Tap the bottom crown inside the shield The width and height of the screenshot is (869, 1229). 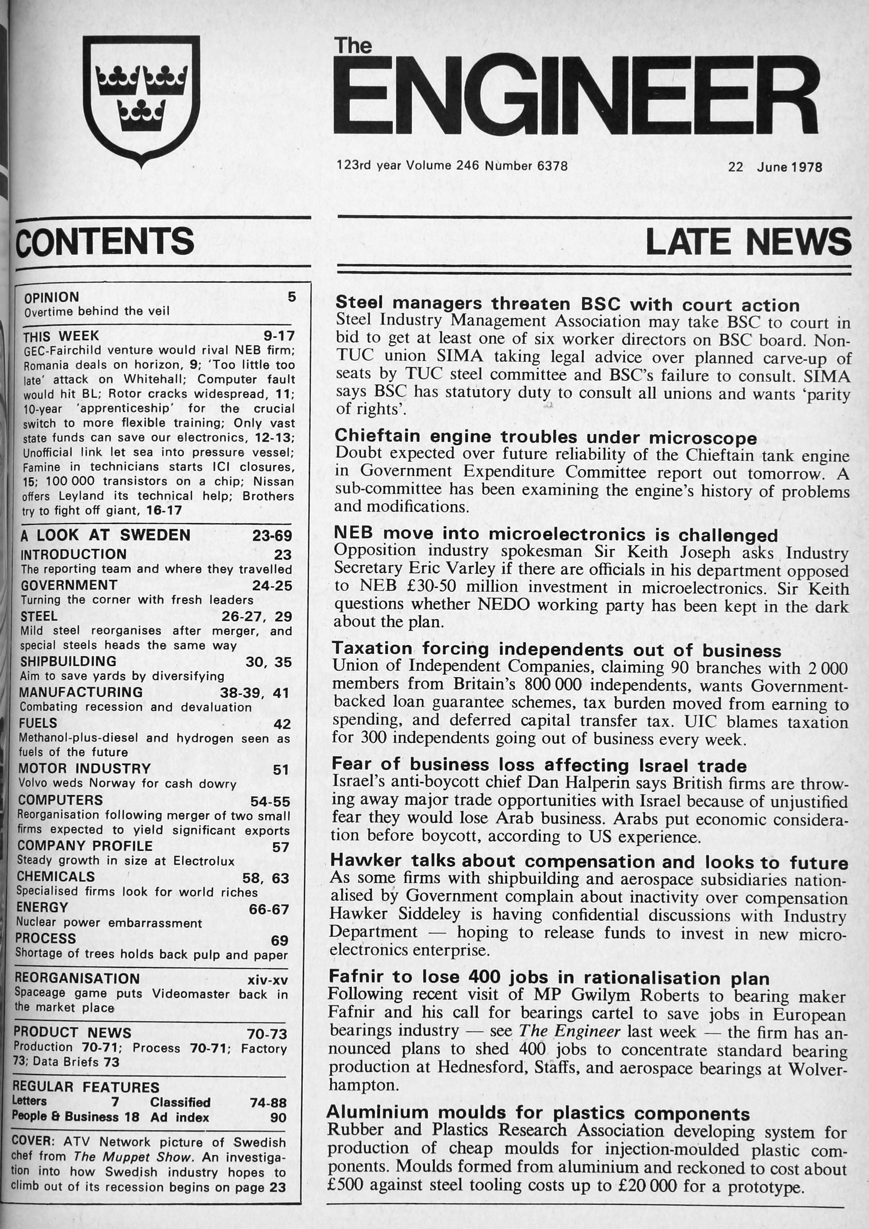coord(142,116)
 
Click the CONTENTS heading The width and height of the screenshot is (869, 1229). coord(105,241)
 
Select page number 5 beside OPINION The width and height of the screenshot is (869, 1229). coord(291,297)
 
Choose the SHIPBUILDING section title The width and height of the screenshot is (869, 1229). coord(68,661)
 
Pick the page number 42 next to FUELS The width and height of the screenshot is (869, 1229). coord(281,724)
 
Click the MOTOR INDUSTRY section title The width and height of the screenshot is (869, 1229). coord(85,769)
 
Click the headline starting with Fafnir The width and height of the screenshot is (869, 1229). coord(549,977)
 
